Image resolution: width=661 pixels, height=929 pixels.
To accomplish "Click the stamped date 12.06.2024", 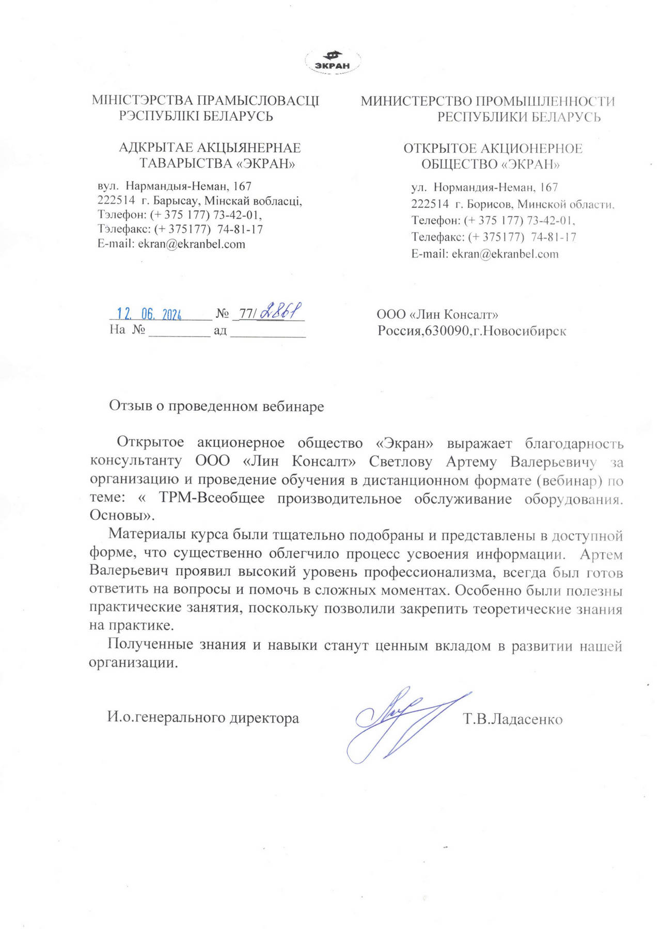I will tap(149, 314).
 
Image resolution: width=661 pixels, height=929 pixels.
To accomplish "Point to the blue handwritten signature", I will tap(398, 723).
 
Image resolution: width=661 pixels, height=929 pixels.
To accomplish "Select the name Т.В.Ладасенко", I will tap(513, 718).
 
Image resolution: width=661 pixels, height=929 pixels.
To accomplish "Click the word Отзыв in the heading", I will tap(131, 406).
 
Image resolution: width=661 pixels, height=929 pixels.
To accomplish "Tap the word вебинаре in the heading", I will tap(293, 406).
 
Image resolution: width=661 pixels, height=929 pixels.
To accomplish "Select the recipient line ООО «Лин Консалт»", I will tap(437, 314).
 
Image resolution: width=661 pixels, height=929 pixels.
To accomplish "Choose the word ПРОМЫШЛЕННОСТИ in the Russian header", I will tap(545, 101).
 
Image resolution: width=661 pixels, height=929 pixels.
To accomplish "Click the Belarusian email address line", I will tap(171, 244).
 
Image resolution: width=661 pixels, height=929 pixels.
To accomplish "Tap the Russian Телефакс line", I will tap(493, 237).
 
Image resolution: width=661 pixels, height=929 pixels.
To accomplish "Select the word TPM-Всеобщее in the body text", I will tap(212, 499).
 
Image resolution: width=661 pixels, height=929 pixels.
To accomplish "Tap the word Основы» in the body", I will tap(122, 516).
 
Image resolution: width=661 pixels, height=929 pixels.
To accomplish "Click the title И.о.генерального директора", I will tap(203, 717).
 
